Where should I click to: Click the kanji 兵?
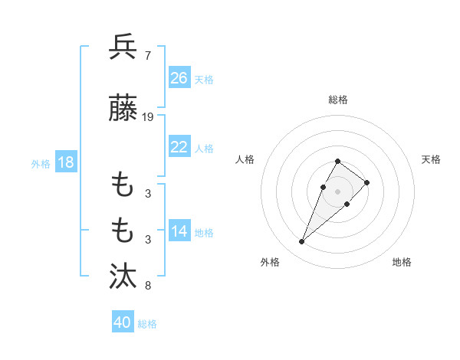click(x=123, y=47)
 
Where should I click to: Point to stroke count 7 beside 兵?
click(x=147, y=55)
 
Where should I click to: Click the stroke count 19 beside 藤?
click(x=148, y=117)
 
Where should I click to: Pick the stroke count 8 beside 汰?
click(x=147, y=286)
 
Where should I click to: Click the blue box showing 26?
click(x=179, y=78)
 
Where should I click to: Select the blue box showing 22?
click(x=179, y=147)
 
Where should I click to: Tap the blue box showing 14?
click(x=179, y=232)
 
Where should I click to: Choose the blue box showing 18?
click(x=65, y=162)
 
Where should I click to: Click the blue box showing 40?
click(x=123, y=322)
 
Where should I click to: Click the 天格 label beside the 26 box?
click(x=204, y=79)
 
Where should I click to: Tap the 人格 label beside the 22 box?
click(x=204, y=148)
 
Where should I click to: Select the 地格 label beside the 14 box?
click(x=204, y=233)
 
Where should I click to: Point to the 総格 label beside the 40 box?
click(x=147, y=324)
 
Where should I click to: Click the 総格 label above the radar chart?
click(x=337, y=100)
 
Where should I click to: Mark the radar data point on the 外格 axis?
click(x=302, y=242)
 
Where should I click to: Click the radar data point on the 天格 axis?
click(x=367, y=182)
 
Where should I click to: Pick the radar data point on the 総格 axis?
click(x=337, y=161)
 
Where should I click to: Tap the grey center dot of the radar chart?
click(x=337, y=191)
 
